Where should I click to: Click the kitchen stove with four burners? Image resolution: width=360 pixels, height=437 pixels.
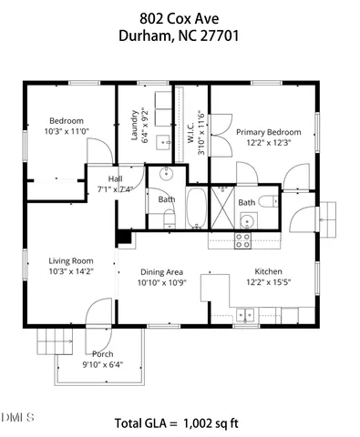click(243, 240)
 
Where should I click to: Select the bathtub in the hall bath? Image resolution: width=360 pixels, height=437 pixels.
click(197, 208)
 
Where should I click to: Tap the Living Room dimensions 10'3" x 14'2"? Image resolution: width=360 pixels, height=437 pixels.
click(70, 271)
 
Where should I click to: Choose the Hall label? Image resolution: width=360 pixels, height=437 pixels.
click(115, 178)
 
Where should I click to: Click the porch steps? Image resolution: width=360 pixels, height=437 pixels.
click(53, 343)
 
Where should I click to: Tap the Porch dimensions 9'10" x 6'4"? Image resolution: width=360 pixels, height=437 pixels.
click(101, 366)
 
